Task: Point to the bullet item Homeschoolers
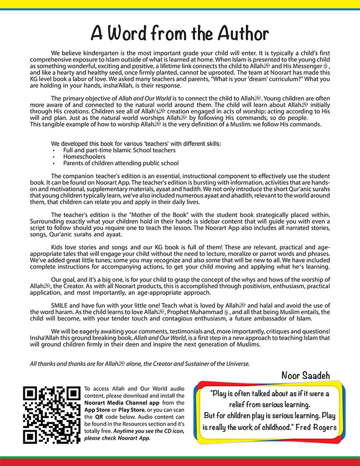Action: [84, 156]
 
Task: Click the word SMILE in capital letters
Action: [61, 304]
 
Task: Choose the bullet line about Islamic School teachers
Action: [119, 150]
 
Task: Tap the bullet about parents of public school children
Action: [121, 163]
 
